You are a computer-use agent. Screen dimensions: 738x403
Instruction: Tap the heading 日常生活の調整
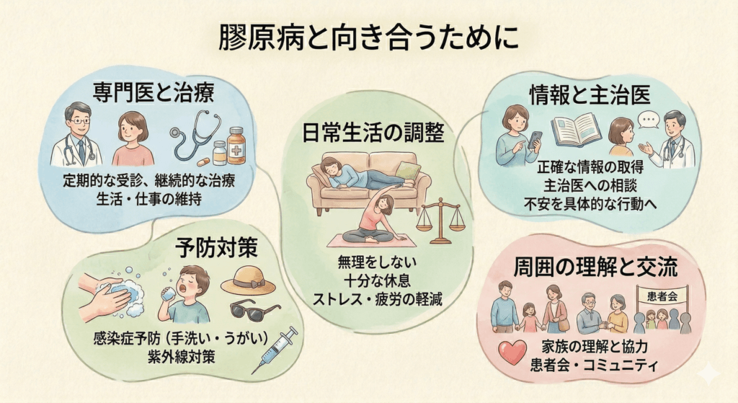coord(373,132)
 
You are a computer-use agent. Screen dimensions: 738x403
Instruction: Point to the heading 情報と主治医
coord(590,94)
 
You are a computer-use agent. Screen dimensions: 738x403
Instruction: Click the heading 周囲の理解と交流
coord(595,267)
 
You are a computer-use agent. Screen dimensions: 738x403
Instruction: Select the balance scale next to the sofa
coord(440,221)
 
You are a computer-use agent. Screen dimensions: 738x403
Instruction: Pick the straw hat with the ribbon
coord(249,280)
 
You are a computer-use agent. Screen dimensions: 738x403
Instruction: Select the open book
coord(576,131)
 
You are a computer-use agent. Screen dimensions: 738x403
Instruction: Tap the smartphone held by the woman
coord(535,141)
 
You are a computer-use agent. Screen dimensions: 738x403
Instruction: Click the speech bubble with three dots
coord(649,120)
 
